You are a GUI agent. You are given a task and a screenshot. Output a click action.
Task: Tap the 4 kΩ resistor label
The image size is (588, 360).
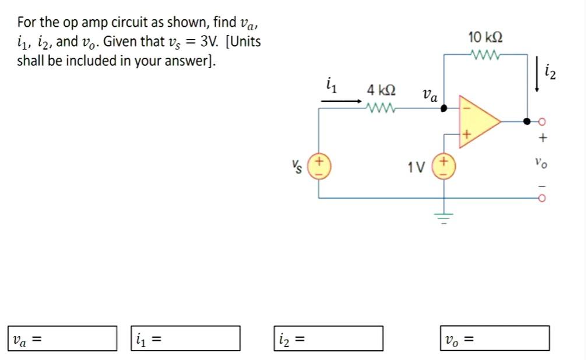(382, 91)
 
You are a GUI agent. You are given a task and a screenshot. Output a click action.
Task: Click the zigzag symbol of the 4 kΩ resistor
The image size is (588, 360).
(381, 108)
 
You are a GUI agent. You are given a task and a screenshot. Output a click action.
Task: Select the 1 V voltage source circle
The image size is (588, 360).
(444, 165)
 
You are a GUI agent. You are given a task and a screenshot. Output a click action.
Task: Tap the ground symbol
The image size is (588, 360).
(444, 218)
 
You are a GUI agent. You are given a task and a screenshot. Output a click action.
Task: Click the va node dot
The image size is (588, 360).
(444, 108)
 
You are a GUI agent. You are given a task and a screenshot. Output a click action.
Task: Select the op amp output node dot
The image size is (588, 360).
(527, 121)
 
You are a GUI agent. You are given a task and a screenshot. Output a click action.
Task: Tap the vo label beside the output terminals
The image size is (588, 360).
(543, 164)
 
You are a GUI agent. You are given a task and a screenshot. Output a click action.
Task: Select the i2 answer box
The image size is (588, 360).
(329, 338)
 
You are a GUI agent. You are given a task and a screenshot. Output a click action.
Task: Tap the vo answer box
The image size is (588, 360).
(495, 338)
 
